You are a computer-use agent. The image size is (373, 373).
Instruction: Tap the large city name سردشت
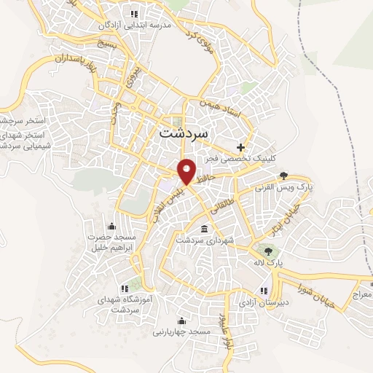183,134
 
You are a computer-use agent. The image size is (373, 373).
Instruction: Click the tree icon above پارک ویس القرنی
283,176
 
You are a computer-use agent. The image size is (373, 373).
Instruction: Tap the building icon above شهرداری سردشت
203,229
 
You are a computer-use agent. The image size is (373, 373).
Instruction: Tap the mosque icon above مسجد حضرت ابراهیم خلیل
111,225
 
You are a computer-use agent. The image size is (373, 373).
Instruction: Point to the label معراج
361,294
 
